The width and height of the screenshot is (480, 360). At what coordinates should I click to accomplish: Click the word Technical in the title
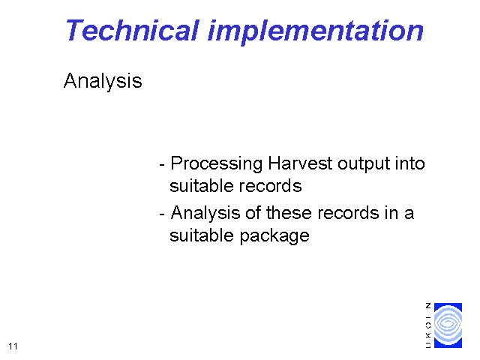tap(132, 30)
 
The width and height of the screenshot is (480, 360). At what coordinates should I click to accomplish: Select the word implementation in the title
tap(316, 32)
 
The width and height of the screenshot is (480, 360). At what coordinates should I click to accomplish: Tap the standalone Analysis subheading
tap(103, 81)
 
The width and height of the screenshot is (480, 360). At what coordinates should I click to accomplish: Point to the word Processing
tap(217, 163)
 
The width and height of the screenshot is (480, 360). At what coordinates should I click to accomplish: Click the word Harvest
tap(300, 163)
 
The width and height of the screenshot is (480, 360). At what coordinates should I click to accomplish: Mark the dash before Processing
tap(162, 165)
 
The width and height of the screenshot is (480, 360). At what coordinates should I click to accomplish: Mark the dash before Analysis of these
tap(162, 214)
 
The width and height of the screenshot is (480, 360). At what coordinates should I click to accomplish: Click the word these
tap(289, 213)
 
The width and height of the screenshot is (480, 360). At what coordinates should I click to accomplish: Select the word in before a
tap(391, 213)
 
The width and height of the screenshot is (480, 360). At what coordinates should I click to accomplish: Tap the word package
tap(274, 236)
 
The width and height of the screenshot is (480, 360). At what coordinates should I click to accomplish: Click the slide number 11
tap(13, 346)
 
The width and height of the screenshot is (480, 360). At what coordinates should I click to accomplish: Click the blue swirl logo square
tap(448, 325)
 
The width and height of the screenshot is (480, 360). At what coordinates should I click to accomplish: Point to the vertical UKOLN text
tap(428, 325)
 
